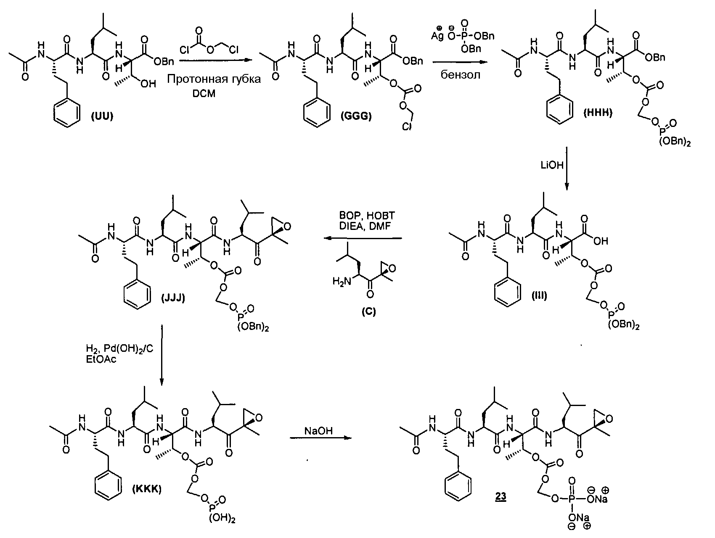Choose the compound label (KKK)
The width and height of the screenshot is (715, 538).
tap(147, 489)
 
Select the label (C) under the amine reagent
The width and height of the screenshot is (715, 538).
tap(368, 311)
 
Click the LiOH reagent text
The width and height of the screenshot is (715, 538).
tap(551, 165)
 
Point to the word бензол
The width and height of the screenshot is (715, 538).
tap(460, 76)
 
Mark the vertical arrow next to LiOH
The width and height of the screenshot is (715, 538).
tap(567, 168)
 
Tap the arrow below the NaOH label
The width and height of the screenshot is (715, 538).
tap(320, 438)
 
